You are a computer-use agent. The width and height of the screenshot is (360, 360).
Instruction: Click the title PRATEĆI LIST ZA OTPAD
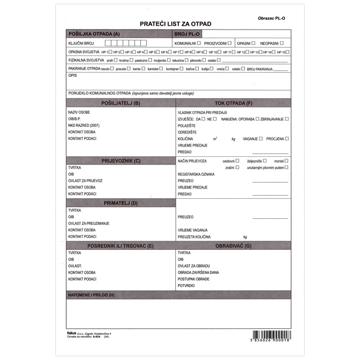click(x=176, y=24)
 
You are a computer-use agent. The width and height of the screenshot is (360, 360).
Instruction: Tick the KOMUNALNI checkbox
click(x=199, y=43)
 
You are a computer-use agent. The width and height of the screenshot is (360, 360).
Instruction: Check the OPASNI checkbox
click(x=253, y=43)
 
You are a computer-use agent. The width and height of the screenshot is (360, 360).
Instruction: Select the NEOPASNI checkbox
click(x=282, y=43)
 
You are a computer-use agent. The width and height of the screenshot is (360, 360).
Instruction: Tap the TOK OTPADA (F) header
click(x=233, y=103)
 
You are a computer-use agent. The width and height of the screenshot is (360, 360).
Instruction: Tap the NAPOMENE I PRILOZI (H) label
click(x=91, y=295)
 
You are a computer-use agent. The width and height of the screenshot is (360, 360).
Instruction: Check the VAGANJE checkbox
click(x=261, y=139)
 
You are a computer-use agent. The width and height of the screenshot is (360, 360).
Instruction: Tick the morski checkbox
click(x=287, y=161)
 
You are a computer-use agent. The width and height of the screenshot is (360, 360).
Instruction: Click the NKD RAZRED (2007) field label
click(x=84, y=125)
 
